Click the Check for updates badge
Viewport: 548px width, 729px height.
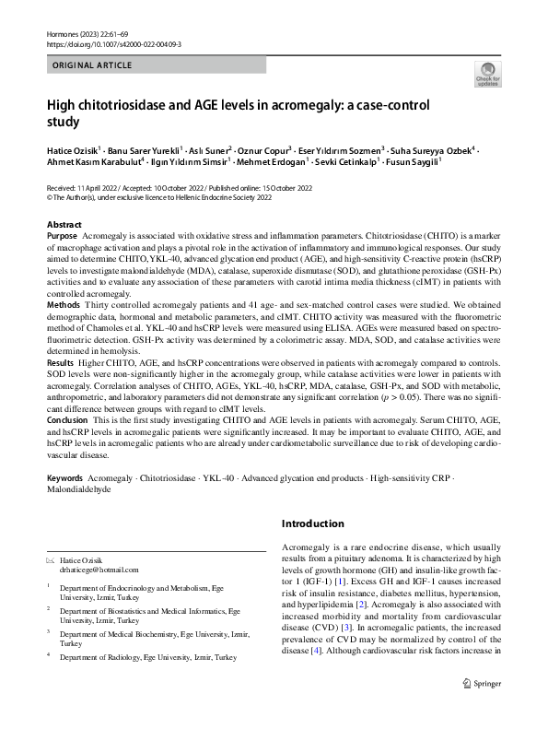pyautogui.click(x=488, y=75)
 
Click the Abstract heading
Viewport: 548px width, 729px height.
pyautogui.click(x=64, y=225)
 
